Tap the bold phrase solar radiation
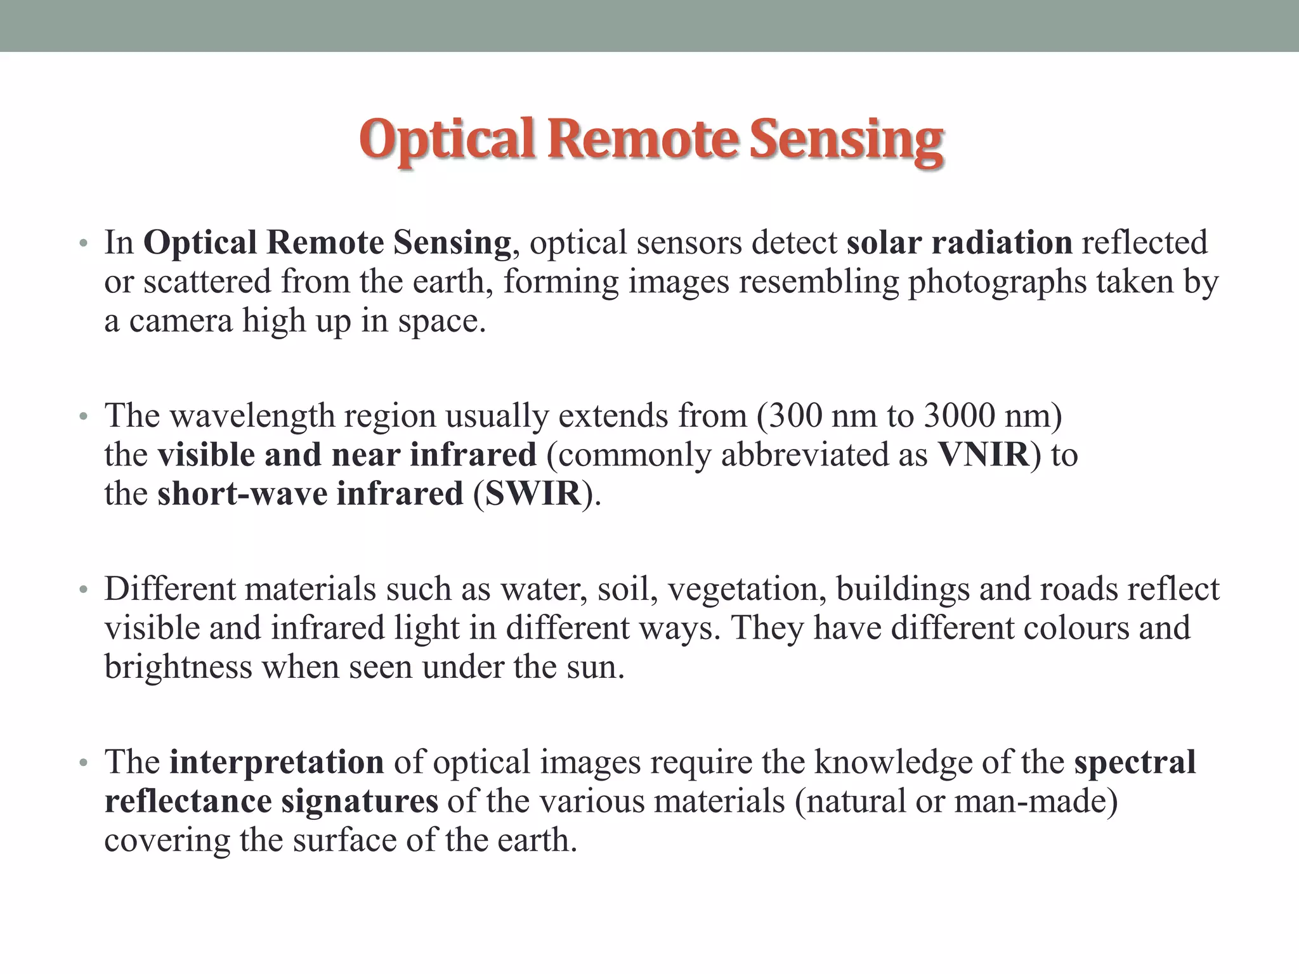(959, 243)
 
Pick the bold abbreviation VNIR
(983, 455)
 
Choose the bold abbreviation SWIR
(533, 494)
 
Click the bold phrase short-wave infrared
(310, 494)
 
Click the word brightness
(178, 667)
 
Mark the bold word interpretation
(277, 762)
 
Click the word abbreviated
(824, 455)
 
